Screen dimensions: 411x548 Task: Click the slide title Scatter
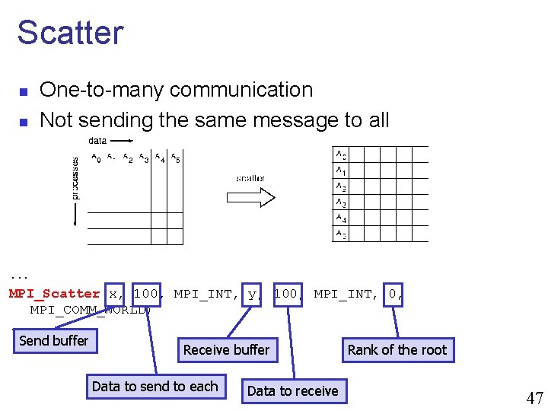[70, 33]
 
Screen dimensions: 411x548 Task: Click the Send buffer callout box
[54, 341]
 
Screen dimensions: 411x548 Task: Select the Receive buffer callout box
[226, 350]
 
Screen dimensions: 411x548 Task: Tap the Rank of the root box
[397, 350]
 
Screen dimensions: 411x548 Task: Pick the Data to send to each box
[155, 387]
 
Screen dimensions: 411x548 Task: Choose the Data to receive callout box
[293, 391]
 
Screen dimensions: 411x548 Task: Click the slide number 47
[534, 397]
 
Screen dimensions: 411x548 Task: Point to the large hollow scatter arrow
[250, 198]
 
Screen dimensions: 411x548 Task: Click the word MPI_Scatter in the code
[54, 294]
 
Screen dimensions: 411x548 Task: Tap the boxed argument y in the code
[252, 294]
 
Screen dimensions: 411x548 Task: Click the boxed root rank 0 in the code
[393, 294]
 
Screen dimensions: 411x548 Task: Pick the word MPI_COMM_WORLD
[90, 310]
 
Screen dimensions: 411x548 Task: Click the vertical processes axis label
[75, 178]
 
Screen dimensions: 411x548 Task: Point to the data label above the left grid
[97, 140]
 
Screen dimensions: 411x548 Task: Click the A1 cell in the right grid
[342, 170]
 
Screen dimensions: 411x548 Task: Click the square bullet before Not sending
[24, 121]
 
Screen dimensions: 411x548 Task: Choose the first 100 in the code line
[145, 294]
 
